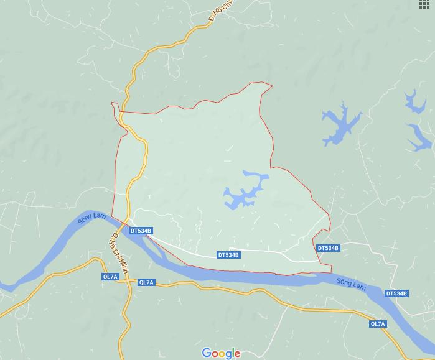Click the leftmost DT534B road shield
pos(141,231)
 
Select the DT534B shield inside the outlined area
pos(228,255)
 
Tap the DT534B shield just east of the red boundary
pos(328,248)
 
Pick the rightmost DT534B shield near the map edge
pos(396,293)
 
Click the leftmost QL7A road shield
pos(110,277)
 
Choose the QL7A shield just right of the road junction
pos(146,282)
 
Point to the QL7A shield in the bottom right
pos(378,324)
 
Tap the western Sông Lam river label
pos(90,219)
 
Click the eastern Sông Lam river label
pos(350,283)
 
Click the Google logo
pos(221,353)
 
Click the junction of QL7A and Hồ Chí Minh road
pos(128,281)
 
